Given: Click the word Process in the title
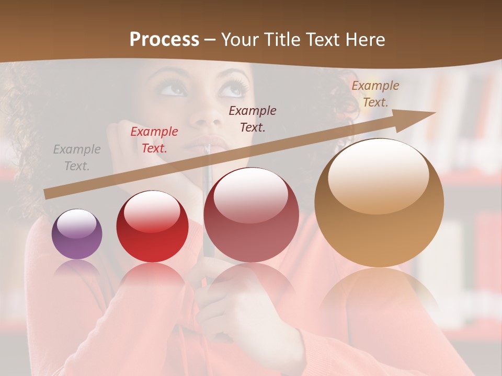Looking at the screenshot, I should (x=164, y=39).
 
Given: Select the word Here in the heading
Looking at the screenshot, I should (x=366, y=39).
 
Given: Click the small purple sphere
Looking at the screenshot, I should (x=77, y=234).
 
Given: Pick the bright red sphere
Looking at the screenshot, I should (x=152, y=226).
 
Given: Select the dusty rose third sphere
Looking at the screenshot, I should (x=252, y=215).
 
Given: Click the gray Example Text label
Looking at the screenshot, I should (x=76, y=158).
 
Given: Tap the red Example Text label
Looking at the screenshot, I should (x=154, y=140).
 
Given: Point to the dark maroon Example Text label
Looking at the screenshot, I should (x=253, y=119).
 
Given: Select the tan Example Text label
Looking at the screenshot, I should (x=375, y=94).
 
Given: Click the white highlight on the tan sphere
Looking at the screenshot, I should (x=379, y=175).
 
